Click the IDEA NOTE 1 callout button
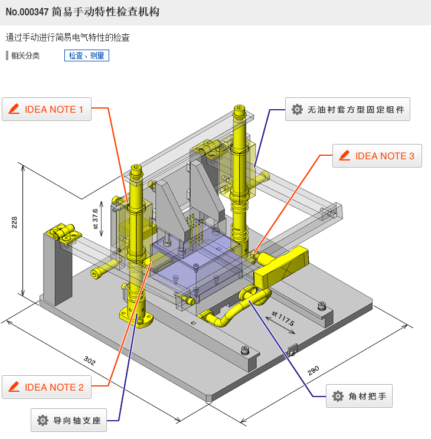(x=47, y=109)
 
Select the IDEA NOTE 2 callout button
(x=47, y=387)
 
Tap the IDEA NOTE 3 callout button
(x=377, y=156)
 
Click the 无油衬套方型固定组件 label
(x=348, y=109)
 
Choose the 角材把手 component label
(x=359, y=396)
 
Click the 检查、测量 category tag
(x=86, y=55)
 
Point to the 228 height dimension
(x=15, y=222)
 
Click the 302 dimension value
(x=89, y=361)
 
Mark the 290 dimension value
(x=313, y=370)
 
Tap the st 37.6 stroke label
(x=95, y=218)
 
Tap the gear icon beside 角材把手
(x=338, y=396)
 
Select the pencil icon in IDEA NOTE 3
(x=344, y=156)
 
